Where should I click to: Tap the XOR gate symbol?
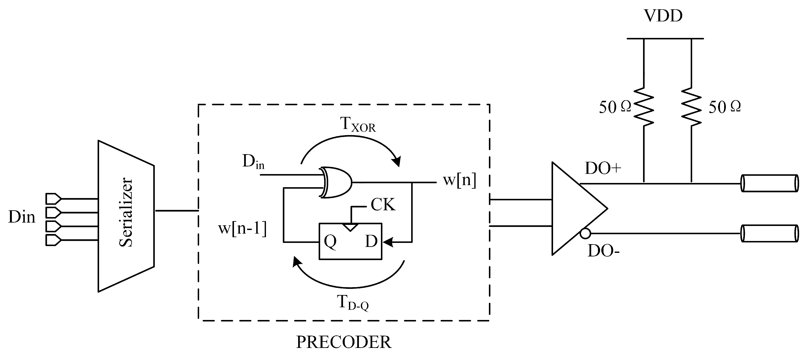[x=336, y=183]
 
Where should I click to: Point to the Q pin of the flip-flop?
[x=330, y=241]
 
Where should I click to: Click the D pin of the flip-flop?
[x=371, y=241]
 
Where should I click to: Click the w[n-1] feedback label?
[x=242, y=228]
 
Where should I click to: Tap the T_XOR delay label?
[x=358, y=124]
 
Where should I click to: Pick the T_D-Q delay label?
[x=353, y=303]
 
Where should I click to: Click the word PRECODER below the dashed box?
[x=344, y=342]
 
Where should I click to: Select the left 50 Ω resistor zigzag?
[x=644, y=107]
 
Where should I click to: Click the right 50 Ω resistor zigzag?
[x=691, y=107]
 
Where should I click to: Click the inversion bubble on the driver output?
[x=585, y=234]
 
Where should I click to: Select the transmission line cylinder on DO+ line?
[x=769, y=183]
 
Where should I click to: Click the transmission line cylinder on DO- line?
[x=769, y=233]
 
